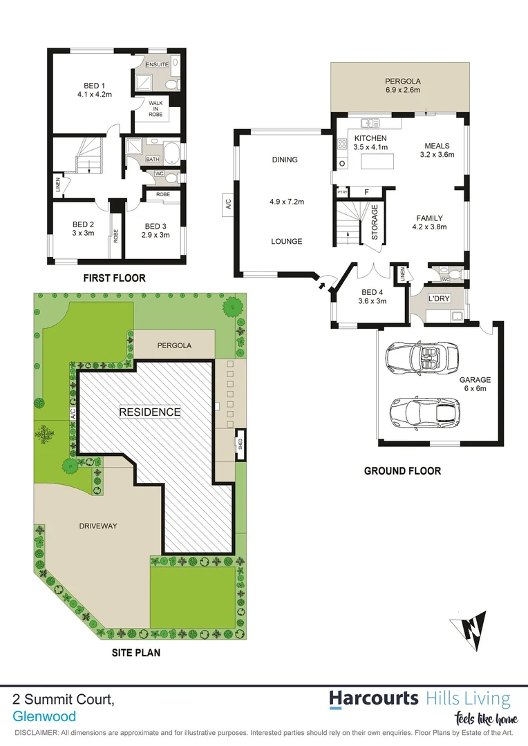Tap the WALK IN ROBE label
click(156, 109)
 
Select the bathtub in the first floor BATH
click(169, 151)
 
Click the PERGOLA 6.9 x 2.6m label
click(402, 85)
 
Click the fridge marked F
click(366, 191)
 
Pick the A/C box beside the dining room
click(227, 205)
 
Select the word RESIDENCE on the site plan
click(150, 412)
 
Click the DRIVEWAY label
click(97, 526)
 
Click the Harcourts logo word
click(373, 698)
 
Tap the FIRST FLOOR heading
click(115, 278)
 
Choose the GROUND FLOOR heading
click(402, 471)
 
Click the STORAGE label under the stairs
click(375, 222)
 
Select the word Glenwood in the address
click(44, 717)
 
